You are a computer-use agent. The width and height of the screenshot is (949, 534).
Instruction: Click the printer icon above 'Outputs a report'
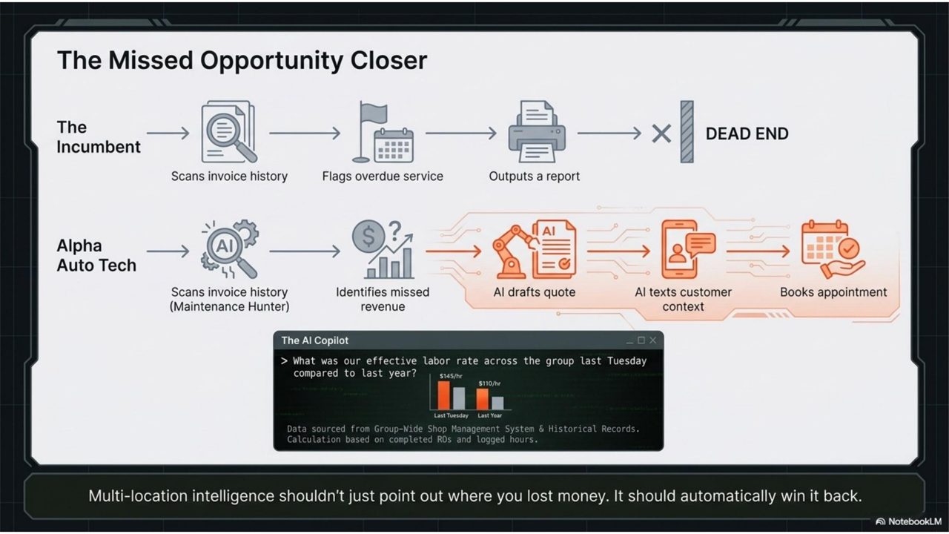537,131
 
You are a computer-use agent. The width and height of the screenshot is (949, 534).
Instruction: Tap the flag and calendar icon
383,132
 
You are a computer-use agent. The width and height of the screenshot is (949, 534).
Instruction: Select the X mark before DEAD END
661,133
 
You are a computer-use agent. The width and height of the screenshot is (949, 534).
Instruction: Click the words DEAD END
747,134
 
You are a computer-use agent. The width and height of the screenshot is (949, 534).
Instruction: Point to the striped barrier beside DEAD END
687,132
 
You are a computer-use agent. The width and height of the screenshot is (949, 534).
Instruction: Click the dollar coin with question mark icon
383,249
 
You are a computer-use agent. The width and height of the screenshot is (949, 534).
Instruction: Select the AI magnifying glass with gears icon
230,249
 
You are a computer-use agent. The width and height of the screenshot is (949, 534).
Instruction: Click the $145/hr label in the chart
450,376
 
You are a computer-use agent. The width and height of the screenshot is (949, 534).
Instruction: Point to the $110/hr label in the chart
489,383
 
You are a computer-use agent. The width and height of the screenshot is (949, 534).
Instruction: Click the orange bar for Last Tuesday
443,395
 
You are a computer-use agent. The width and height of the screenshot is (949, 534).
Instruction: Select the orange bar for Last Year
482,399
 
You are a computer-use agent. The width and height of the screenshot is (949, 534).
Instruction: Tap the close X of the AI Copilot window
653,340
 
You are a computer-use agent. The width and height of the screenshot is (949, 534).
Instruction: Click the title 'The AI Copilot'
315,340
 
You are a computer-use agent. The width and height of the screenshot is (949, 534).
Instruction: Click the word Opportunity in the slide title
271,61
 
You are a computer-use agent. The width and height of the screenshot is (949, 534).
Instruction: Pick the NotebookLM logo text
915,521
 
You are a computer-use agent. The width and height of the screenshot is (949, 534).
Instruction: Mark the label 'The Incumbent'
99,137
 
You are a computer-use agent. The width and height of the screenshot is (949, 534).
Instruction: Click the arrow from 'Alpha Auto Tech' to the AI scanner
168,251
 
